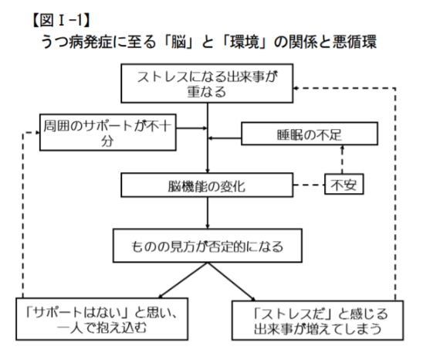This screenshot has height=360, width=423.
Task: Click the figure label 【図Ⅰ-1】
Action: point(61,20)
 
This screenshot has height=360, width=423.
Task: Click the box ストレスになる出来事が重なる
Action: point(207,83)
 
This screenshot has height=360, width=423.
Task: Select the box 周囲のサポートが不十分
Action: point(108,132)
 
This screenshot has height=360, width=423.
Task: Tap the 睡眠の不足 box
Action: point(310,134)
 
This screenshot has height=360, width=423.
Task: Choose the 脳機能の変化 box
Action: point(207,185)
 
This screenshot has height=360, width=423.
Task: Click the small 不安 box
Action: point(344,184)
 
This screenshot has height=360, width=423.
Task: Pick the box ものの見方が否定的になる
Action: point(208,246)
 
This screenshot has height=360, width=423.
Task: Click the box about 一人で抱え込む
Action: point(102,319)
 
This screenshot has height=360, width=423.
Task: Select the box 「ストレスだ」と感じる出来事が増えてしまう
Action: point(318,321)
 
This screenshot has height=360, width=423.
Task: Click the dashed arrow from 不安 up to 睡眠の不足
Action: point(343,160)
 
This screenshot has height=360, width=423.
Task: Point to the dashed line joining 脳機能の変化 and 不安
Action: point(309,185)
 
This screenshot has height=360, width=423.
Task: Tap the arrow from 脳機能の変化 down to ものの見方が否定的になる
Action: point(208,213)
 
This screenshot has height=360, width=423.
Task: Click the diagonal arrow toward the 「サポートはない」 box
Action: point(183,280)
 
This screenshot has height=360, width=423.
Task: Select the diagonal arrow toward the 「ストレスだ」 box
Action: point(232,282)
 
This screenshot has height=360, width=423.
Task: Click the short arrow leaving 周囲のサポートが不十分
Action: point(191,128)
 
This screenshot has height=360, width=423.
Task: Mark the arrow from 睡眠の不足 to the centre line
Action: point(225,138)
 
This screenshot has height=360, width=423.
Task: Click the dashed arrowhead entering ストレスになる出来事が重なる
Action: point(296,88)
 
